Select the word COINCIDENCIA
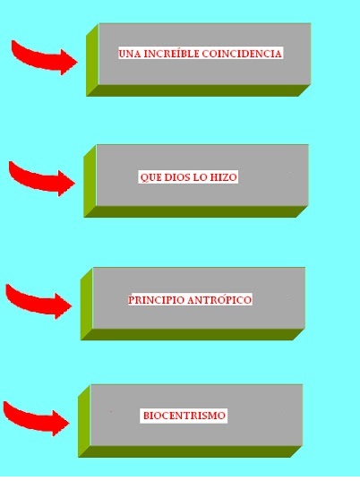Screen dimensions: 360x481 [242, 54]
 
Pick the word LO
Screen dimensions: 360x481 [201, 177]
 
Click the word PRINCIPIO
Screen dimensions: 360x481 [156, 300]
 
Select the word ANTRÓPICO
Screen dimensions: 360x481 [219, 299]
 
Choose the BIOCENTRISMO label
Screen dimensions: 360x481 [184, 416]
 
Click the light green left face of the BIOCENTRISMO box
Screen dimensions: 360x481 [84, 421]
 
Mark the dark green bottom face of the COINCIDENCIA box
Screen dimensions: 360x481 [199, 90]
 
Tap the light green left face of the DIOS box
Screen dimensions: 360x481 [90, 181]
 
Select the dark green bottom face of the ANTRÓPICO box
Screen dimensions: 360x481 [193, 334]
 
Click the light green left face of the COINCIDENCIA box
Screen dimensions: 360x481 [92, 60]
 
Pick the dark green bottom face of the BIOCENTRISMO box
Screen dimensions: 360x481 [190, 451]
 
